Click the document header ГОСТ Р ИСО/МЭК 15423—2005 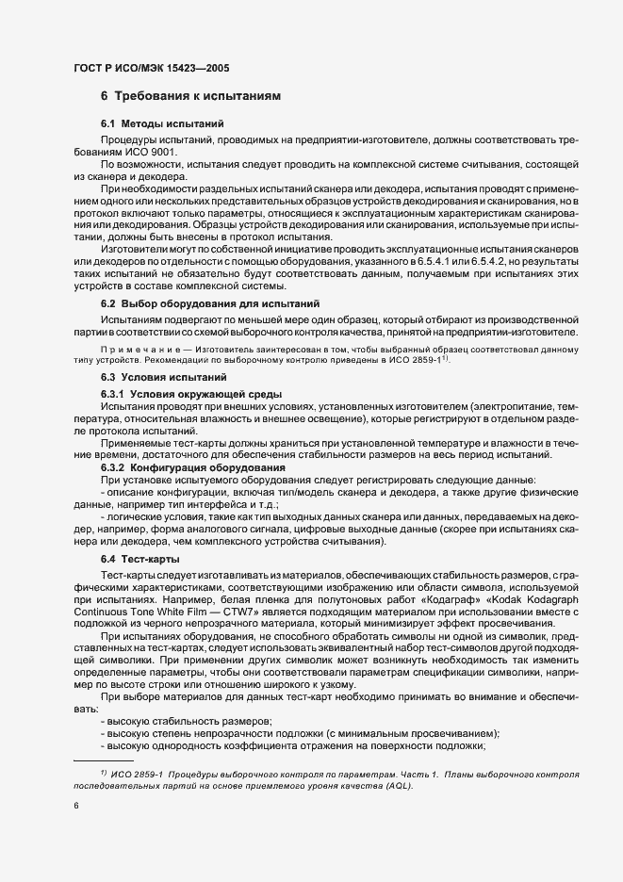pos(151,68)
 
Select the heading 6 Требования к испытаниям pos(189,97)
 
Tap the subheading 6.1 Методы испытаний pos(162,125)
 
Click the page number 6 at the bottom pos(75,806)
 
